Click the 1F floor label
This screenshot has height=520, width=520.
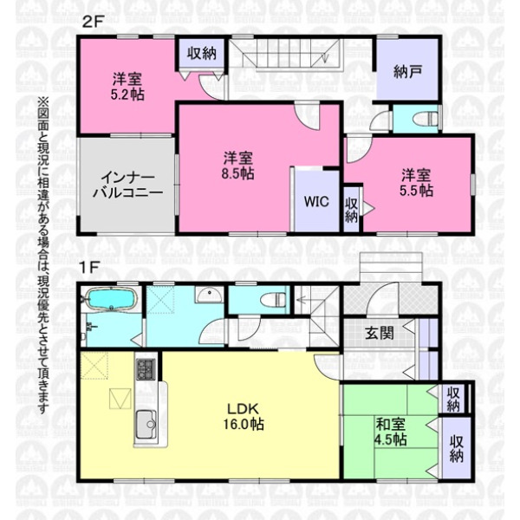(x=89, y=268)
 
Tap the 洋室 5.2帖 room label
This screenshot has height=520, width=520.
(x=127, y=87)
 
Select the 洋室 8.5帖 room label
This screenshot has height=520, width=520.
(x=238, y=166)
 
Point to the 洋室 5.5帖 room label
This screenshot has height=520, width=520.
(x=417, y=183)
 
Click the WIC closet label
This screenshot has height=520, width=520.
(x=316, y=201)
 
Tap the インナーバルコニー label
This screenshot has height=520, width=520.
(x=127, y=185)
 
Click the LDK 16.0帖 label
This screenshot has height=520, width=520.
(x=244, y=416)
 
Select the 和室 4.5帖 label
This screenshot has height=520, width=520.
(x=391, y=432)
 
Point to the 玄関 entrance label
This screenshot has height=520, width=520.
(x=380, y=333)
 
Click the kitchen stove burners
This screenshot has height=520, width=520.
(x=146, y=369)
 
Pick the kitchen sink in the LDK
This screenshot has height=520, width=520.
(x=146, y=424)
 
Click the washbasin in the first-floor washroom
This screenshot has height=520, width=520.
(x=208, y=295)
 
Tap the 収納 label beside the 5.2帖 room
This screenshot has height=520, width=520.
(x=202, y=53)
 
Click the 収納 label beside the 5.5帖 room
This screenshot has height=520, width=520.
(x=351, y=210)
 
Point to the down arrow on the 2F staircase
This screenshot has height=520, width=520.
(x=325, y=55)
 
